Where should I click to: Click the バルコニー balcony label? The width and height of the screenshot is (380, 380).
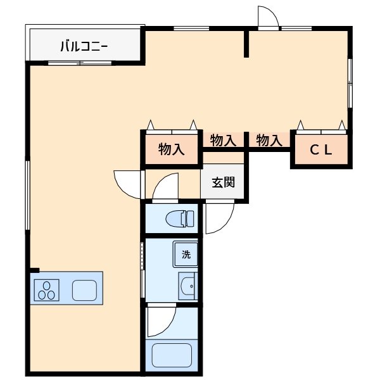coord(84,46)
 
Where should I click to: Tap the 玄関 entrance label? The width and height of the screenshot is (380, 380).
coord(223,182)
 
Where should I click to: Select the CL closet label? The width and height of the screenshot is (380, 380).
coord(321,150)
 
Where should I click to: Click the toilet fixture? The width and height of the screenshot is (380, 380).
coord(180,218)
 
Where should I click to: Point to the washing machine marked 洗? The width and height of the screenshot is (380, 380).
coord(185,254)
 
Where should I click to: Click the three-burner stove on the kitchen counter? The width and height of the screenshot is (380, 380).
coord(46,290)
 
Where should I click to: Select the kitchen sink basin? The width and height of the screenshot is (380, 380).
coord(84,290)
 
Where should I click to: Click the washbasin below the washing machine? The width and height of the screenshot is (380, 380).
coord(188,286)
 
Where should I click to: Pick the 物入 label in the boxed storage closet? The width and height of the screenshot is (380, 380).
coord(172,149)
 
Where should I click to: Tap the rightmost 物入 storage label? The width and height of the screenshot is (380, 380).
coord(269,140)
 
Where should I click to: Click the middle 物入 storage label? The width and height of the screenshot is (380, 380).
coord(223,140)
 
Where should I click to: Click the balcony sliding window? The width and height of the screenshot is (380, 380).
coord(80,63)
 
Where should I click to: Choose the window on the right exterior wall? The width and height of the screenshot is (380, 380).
coord(350,83)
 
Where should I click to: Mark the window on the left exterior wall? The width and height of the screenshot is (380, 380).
coord(28,195)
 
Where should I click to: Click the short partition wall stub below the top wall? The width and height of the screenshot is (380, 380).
coord(246,44)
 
